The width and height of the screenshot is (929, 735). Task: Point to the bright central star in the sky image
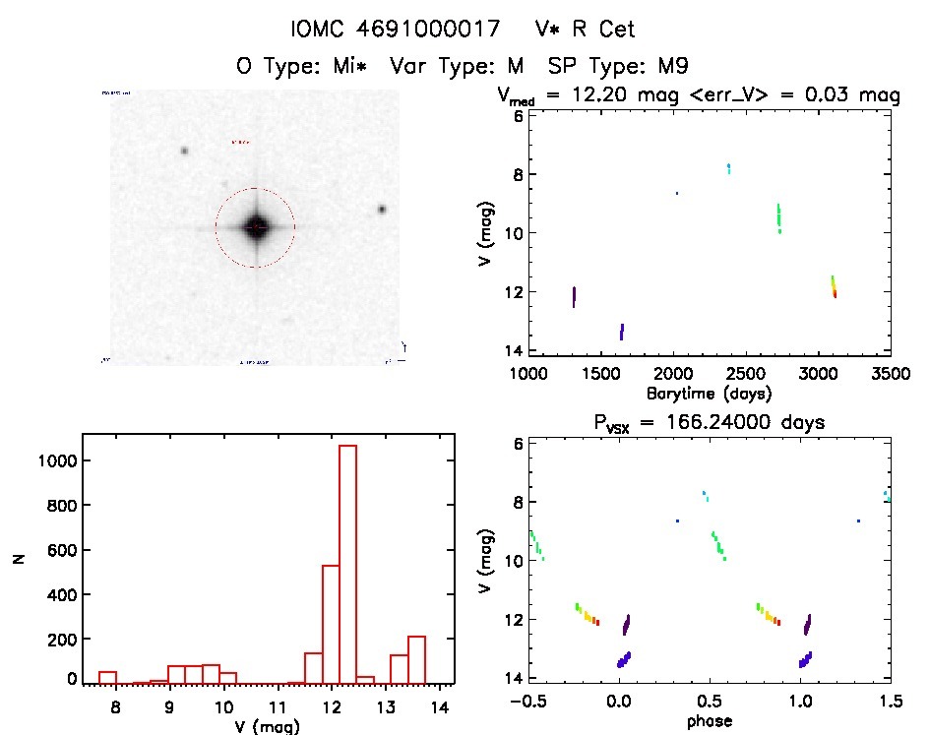tap(255, 227)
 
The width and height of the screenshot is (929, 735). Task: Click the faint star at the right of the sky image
tap(382, 209)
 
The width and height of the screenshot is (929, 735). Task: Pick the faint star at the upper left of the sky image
tap(183, 151)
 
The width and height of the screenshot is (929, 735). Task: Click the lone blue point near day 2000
tap(677, 193)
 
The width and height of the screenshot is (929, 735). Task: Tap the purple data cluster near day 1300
tap(574, 297)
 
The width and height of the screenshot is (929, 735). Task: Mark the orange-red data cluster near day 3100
tap(834, 286)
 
